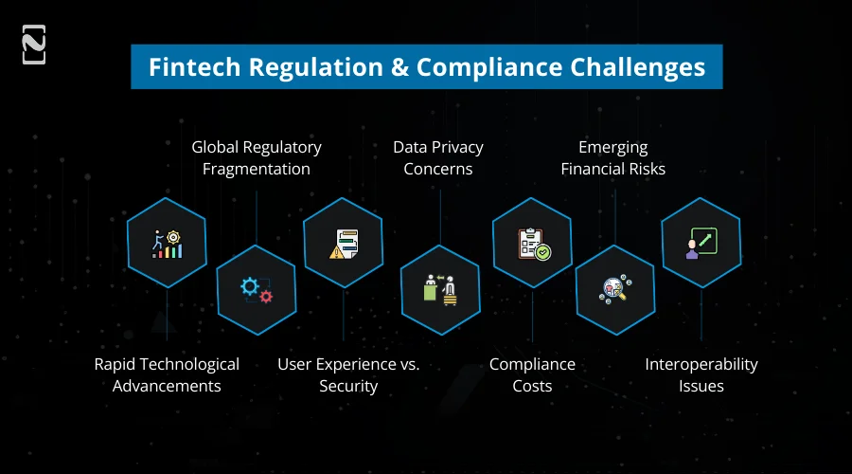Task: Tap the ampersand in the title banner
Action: pyautogui.click(x=399, y=67)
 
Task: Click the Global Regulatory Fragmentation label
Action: pyautogui.click(x=257, y=158)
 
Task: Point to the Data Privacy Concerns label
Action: pyautogui.click(x=438, y=158)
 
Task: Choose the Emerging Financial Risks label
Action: pyautogui.click(x=613, y=158)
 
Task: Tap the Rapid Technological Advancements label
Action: pyautogui.click(x=167, y=375)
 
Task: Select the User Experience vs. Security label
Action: pyautogui.click(x=348, y=375)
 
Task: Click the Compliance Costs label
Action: pyautogui.click(x=532, y=375)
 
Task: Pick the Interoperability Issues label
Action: pyautogui.click(x=701, y=375)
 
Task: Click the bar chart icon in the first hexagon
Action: pyautogui.click(x=167, y=244)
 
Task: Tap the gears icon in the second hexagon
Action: pyautogui.click(x=257, y=289)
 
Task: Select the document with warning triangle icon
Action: pyautogui.click(x=343, y=244)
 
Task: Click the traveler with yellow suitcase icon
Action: pyautogui.click(x=438, y=289)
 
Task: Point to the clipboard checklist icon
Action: pyautogui.click(x=532, y=244)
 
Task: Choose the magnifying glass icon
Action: pyautogui.click(x=614, y=289)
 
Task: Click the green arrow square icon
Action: pyautogui.click(x=701, y=244)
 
